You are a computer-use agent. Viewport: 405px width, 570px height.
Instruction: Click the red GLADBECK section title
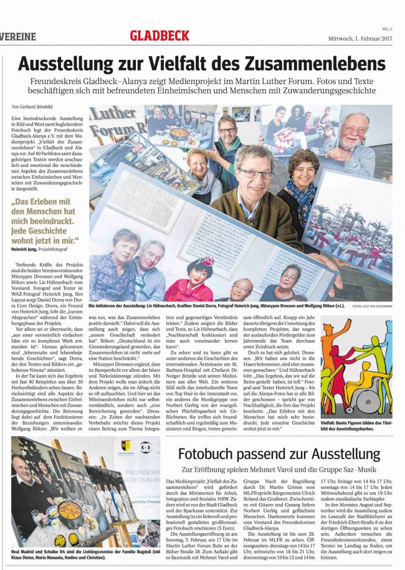[x=159, y=36]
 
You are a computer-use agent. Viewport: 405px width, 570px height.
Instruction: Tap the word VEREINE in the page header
[x=18, y=37]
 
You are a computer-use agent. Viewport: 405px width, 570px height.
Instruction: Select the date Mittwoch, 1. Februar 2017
[x=361, y=39]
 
